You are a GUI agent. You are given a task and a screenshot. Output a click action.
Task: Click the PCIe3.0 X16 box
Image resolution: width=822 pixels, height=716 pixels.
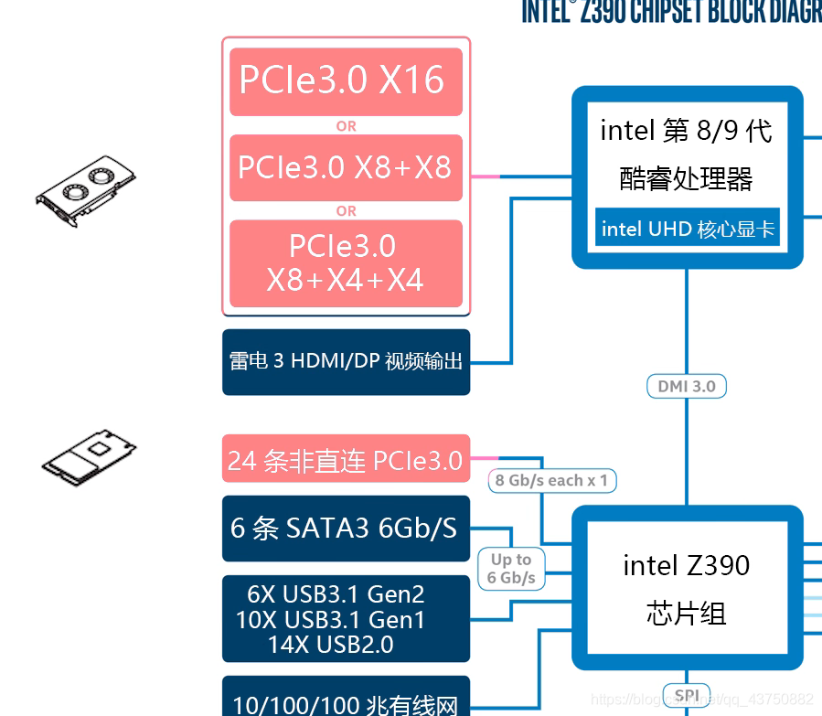[346, 81]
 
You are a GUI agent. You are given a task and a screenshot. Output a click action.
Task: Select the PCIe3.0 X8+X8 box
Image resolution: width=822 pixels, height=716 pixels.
[346, 167]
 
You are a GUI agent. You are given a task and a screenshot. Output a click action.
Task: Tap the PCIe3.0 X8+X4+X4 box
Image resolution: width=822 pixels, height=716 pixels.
[346, 262]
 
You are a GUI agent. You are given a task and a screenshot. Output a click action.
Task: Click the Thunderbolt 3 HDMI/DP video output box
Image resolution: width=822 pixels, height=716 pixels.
[346, 361]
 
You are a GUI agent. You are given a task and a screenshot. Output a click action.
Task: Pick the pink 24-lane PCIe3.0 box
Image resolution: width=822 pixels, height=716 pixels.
[346, 459]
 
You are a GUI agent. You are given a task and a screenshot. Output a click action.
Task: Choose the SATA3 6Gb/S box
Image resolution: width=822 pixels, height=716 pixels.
[346, 529]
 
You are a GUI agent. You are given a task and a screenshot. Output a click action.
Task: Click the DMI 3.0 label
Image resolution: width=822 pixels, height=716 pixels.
[687, 386]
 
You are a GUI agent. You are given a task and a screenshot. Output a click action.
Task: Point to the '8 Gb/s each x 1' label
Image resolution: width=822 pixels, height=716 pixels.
[551, 480]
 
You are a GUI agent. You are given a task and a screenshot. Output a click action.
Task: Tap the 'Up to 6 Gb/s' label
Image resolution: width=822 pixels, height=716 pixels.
[511, 568]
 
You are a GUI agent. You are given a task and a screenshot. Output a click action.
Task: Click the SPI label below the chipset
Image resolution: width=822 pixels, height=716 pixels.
[687, 696]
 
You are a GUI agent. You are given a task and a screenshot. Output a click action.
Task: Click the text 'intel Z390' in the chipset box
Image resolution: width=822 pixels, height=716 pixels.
[687, 565]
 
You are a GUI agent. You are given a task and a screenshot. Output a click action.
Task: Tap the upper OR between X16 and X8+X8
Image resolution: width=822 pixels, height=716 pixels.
[346, 126]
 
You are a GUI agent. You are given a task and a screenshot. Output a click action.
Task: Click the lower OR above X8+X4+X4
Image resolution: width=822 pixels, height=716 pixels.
[346, 211]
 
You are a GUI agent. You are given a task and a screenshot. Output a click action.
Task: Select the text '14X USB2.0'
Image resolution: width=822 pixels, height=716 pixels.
[331, 645]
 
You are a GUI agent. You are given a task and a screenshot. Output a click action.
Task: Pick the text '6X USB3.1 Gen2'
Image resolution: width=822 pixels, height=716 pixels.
[336, 594]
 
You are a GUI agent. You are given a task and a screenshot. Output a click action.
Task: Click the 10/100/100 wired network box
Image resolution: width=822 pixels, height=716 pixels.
[346, 700]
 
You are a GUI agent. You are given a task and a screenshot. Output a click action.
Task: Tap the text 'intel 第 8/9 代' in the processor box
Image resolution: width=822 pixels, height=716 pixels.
[687, 131]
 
